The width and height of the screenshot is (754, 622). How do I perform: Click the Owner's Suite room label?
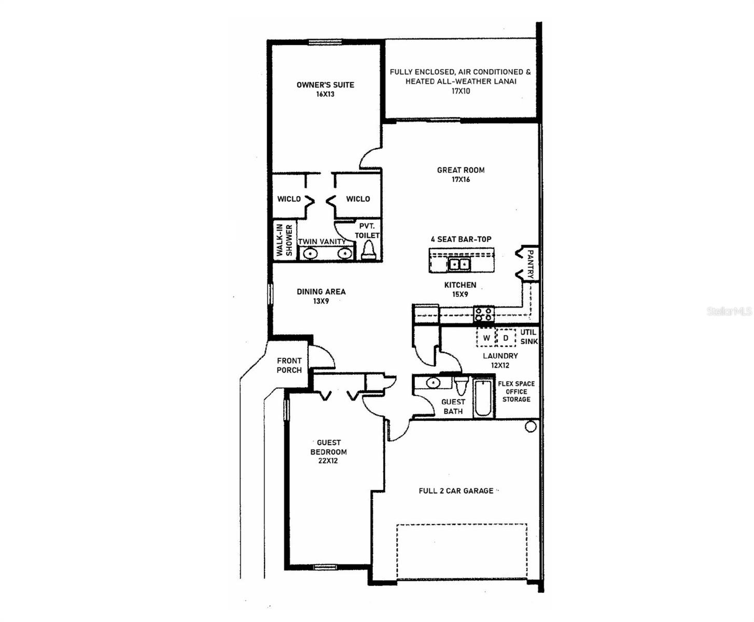coord(325,85)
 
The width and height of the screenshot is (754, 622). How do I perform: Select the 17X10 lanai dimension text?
coord(460,91)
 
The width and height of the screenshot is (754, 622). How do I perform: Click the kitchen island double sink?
coord(459,264)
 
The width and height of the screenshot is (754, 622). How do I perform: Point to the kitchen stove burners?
coord(483,314)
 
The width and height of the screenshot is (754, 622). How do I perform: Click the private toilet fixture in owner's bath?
coord(369,250)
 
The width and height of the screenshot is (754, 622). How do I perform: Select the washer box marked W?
coord(486,338)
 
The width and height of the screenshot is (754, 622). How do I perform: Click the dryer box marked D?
coord(506,338)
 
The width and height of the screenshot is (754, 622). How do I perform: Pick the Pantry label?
coord(530,264)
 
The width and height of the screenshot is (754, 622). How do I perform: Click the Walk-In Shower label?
coord(284,240)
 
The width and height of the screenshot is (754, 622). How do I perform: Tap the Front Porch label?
coord(289,365)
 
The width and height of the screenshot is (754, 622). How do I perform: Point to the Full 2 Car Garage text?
coord(456,490)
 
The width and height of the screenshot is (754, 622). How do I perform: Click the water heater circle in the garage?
coord(530,427)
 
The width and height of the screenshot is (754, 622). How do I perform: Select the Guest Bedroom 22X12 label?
coord(328,451)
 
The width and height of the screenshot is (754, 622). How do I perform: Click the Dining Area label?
coord(321,296)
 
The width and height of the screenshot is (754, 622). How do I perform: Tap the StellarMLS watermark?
coord(729,311)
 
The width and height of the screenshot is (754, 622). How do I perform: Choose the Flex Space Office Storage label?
coord(516,391)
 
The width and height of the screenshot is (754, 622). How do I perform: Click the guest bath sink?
coord(432,383)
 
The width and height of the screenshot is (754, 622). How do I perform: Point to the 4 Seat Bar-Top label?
coord(461,239)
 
